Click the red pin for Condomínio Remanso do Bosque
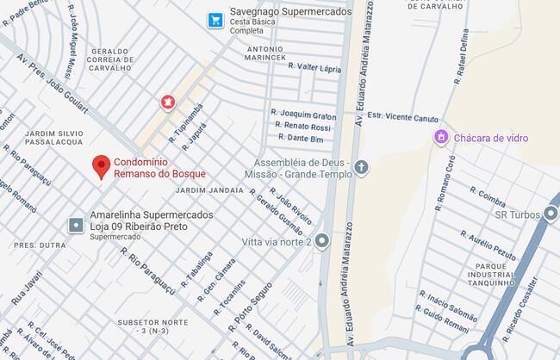pos(102,165)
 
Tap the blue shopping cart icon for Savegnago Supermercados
pos(216,19)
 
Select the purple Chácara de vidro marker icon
pos(441,137)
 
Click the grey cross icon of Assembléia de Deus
pos(361,167)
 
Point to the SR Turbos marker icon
pos(551,214)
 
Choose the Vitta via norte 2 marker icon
pos(322,241)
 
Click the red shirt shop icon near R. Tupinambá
pos(167,102)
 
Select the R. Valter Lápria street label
pos(314,67)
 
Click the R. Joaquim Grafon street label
pos(302,114)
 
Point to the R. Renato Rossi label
pos(303,126)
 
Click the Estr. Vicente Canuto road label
pos(402,117)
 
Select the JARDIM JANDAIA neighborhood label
pos(208,189)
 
